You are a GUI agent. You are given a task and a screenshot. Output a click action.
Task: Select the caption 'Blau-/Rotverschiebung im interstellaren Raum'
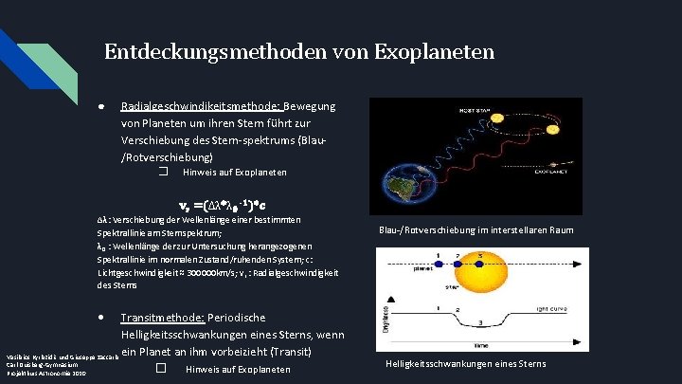pyautogui.click(x=463, y=229)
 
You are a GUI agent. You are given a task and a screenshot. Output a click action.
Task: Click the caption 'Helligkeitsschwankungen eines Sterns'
pyautogui.click(x=465, y=364)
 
